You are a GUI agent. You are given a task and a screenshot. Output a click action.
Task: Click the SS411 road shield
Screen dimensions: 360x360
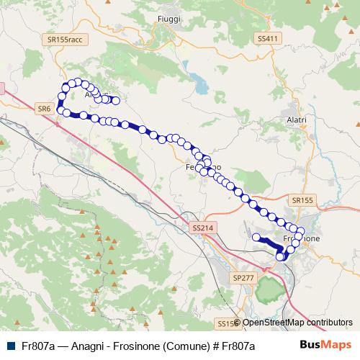[x=266, y=38]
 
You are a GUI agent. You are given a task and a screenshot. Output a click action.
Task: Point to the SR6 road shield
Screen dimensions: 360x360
[x=43, y=108]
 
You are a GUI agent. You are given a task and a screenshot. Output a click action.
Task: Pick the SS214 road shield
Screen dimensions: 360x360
[x=204, y=228]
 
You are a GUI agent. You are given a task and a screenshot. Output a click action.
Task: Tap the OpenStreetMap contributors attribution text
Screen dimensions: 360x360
[x=297, y=323]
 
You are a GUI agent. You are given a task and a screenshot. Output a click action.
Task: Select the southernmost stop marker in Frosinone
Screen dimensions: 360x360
[x=280, y=256]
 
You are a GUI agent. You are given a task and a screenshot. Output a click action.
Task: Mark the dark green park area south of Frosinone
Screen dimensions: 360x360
[x=268, y=289]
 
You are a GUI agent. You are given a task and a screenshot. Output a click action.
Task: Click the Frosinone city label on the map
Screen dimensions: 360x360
[x=302, y=238]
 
